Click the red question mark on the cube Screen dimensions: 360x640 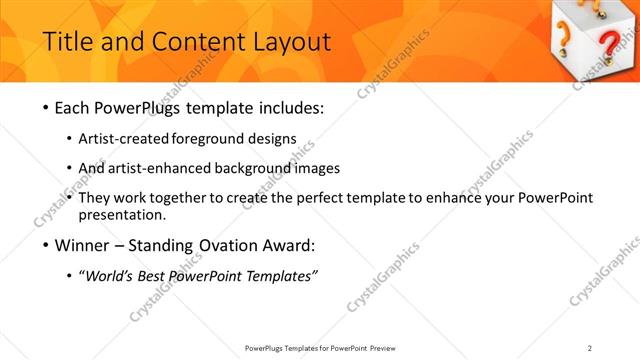coord(608,45)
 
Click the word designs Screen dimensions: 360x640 coord(274,139)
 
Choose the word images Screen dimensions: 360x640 coord(318,168)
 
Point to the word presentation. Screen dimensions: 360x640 coord(125,214)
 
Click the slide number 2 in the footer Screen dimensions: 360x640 coord(589,347)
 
